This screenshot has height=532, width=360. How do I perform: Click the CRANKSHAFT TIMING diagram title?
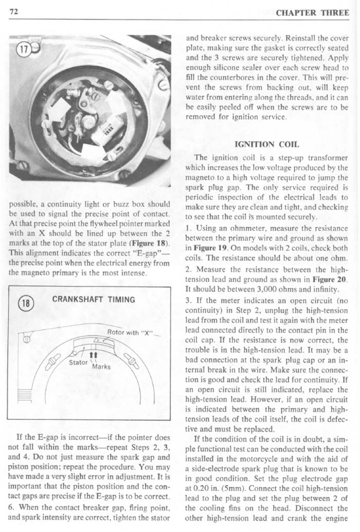pyautogui.click(x=94, y=300)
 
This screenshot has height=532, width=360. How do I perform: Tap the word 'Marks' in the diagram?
pyautogui.click(x=101, y=368)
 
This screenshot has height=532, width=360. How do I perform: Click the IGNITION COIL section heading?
pyautogui.click(x=266, y=145)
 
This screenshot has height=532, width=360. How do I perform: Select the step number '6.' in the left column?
pyautogui.click(x=12, y=508)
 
